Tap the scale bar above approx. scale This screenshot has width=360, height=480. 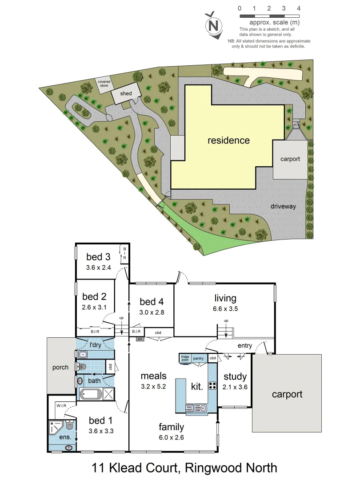pos(269,16)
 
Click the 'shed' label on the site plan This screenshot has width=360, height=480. pos(126,93)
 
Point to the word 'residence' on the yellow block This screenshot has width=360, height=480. pos(228,140)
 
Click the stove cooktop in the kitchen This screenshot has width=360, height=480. pos(212,385)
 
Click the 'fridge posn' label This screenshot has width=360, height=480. pos(184,358)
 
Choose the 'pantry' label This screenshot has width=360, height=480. pos(198,358)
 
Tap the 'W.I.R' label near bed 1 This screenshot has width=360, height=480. pos(61,405)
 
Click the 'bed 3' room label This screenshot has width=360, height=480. pos(98,256)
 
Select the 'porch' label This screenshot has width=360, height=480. pos(60,367)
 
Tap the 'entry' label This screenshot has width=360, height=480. pos(245,345)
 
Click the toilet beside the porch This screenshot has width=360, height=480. pos(82,368)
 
